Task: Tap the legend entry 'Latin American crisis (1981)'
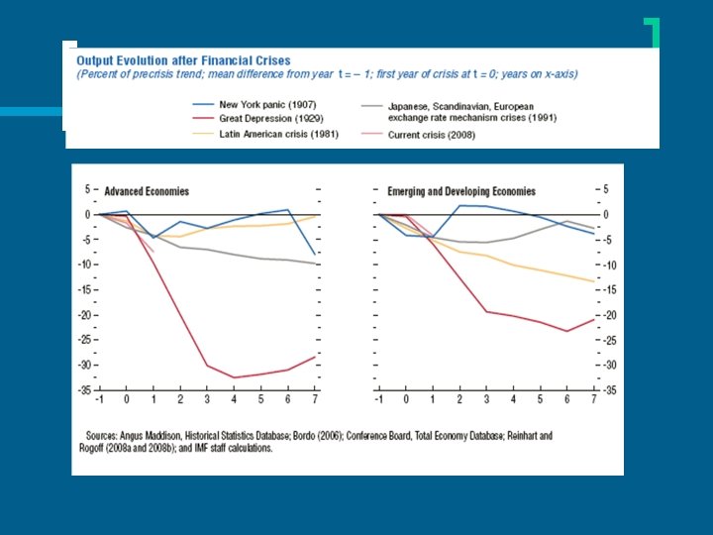tap(278, 134)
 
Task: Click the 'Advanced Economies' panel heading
tap(147, 191)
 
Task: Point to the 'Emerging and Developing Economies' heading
tap(461, 191)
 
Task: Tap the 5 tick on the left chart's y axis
tap(87, 189)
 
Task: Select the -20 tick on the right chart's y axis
tap(611, 315)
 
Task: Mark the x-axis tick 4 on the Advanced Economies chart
tap(234, 399)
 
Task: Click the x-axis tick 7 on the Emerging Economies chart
tap(594, 399)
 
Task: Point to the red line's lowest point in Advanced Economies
tap(234, 377)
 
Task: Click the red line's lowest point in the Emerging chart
tap(566, 331)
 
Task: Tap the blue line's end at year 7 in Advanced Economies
tap(316, 256)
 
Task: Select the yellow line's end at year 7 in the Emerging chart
tap(594, 281)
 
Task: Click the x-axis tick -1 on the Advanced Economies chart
tap(99, 399)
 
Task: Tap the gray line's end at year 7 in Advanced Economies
tap(316, 265)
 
